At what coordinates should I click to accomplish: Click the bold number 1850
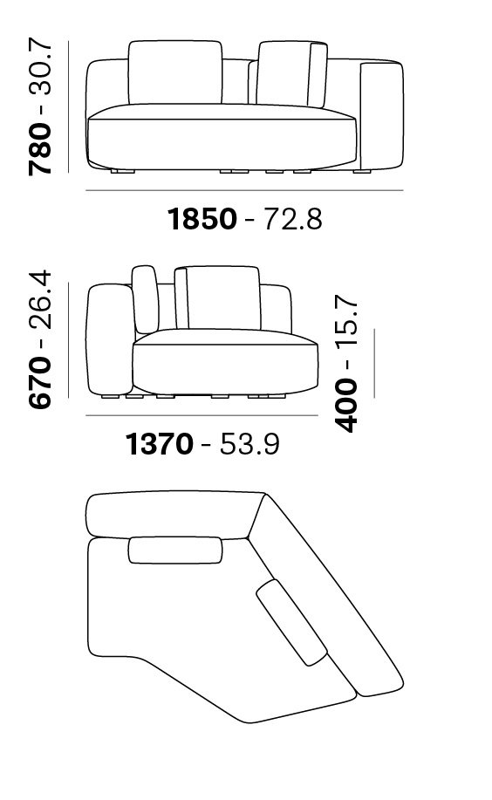click(x=202, y=218)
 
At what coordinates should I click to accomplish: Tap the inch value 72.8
click(x=292, y=218)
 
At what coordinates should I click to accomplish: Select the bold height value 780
click(x=40, y=149)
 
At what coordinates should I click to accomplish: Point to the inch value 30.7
click(x=40, y=70)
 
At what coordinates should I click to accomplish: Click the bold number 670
click(x=40, y=382)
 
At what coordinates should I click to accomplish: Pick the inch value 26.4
click(x=40, y=300)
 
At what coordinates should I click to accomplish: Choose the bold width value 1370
click(x=160, y=443)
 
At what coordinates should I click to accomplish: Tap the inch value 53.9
click(x=249, y=443)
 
